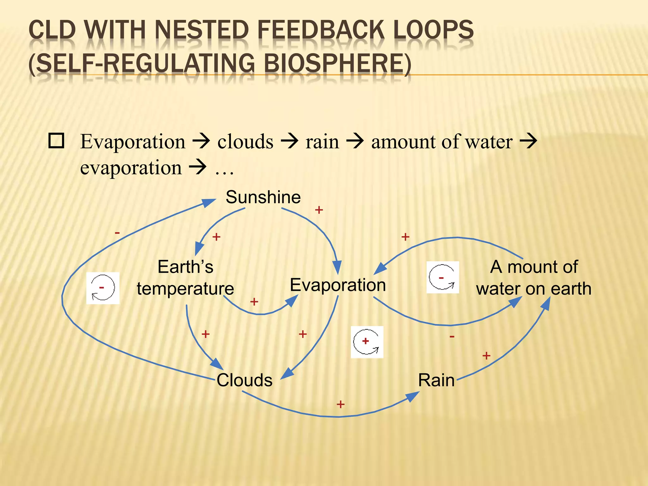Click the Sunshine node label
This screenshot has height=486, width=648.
263,197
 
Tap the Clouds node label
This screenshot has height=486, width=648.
244,380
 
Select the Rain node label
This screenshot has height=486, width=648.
436,380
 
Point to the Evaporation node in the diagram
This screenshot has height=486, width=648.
338,285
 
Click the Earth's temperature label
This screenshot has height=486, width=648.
185,278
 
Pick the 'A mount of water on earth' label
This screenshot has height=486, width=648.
534,278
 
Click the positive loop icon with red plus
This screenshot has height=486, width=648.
367,342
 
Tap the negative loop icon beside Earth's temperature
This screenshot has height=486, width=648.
103,288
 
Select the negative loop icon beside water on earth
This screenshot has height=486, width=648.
442,277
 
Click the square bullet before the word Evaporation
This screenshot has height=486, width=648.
56,141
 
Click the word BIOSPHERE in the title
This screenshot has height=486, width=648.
337,63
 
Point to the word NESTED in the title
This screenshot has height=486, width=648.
202,30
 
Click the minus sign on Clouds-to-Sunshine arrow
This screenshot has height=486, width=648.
117,233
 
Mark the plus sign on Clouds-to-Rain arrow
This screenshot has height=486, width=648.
340,404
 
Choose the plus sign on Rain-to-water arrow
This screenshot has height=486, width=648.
486,356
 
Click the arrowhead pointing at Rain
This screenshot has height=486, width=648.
413,396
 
